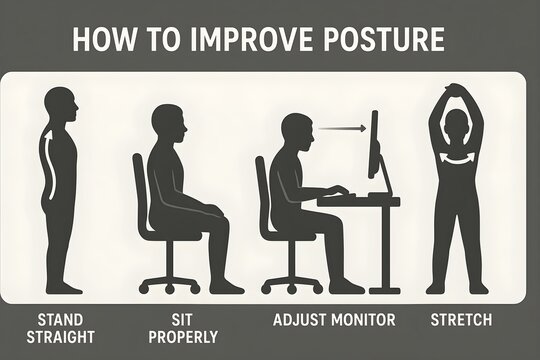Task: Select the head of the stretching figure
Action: [455, 127]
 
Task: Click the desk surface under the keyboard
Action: [360, 201]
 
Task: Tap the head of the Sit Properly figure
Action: [167, 124]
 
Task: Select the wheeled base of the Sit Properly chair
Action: [171, 274]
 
